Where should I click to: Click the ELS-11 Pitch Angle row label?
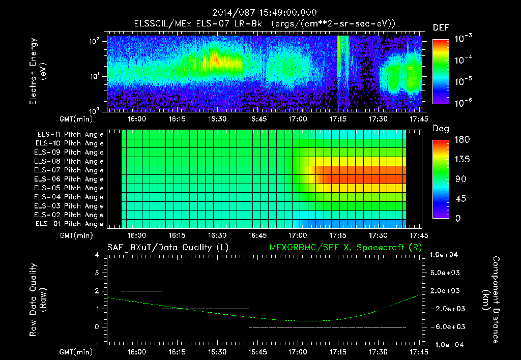click(x=69, y=135)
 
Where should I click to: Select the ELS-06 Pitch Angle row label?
click(x=69, y=179)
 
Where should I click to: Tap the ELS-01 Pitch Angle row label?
click(x=69, y=224)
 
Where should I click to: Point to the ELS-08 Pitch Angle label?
click(x=69, y=162)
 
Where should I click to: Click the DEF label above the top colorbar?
click(x=441, y=27)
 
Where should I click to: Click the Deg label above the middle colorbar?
click(x=441, y=129)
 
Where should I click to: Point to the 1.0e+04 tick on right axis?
click(x=445, y=255)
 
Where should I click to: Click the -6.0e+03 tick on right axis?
click(x=445, y=327)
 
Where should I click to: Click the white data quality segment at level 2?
click(x=141, y=291)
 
